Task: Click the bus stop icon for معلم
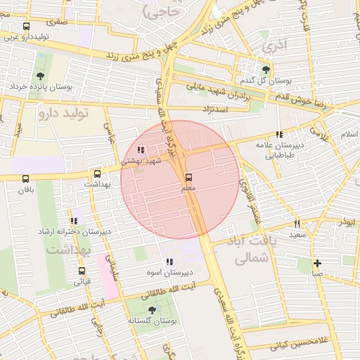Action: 188,178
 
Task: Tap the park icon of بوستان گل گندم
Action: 266,70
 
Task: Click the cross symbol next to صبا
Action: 318,262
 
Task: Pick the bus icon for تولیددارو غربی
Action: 27,27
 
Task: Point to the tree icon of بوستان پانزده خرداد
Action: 40,76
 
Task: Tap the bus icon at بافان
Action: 27,179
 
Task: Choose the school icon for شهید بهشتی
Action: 141,150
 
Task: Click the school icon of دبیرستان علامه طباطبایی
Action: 279,134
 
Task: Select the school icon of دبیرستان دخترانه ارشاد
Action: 74,221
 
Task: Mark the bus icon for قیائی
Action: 82,271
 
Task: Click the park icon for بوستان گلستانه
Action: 152,309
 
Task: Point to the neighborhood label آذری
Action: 274,47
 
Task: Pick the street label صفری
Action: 57,21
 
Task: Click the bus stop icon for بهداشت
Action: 97,174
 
